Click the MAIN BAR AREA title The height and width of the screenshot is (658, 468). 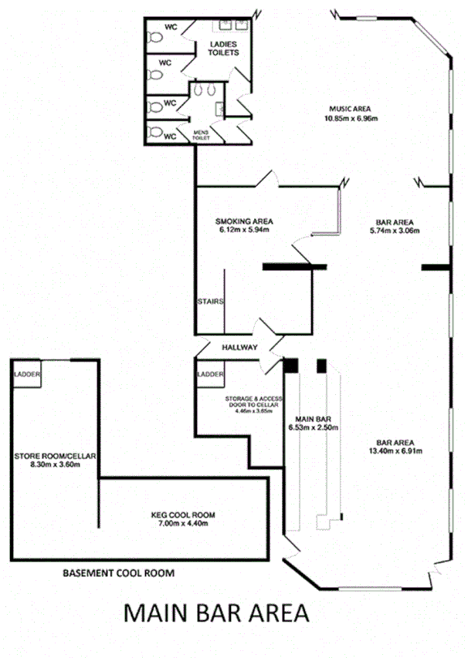217,613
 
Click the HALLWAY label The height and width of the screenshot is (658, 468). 239,348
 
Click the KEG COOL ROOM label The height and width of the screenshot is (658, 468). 182,515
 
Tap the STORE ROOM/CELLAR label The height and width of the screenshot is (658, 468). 54,457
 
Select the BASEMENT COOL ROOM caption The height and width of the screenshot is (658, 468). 118,573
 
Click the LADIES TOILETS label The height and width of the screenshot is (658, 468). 224,49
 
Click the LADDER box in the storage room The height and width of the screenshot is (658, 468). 210,374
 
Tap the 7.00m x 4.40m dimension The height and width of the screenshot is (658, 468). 182,523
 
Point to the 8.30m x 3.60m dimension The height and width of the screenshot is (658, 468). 54,465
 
